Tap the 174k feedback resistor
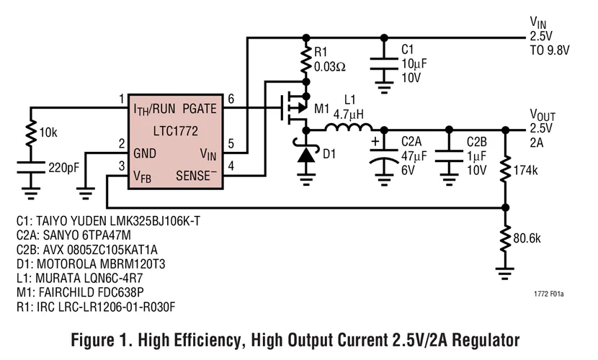[x=505, y=170]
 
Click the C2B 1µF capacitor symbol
[x=450, y=156]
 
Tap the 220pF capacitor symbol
[x=31, y=168]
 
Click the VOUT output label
[x=543, y=115]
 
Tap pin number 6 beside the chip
[x=231, y=99]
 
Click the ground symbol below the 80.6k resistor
[x=505, y=273]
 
